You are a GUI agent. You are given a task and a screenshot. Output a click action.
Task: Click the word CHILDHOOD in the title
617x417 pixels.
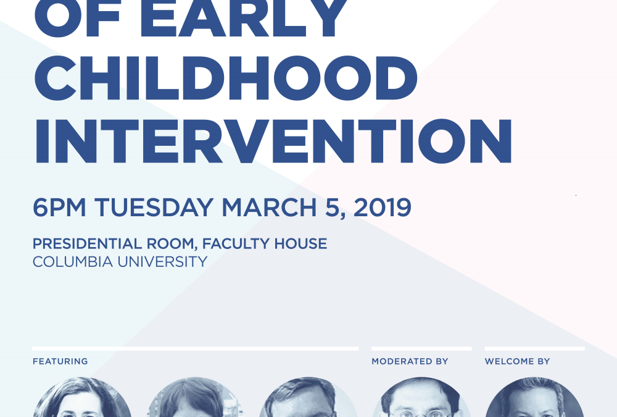pyautogui.click(x=226, y=78)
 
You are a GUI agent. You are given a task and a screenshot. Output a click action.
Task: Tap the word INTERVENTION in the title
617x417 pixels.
pyautogui.click(x=273, y=141)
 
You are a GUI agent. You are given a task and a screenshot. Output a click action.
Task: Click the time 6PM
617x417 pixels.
pyautogui.click(x=59, y=208)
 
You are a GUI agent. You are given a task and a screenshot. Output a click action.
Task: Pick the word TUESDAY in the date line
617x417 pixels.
pyautogui.click(x=154, y=208)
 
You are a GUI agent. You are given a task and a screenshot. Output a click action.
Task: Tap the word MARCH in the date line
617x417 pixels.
pyautogui.click(x=269, y=208)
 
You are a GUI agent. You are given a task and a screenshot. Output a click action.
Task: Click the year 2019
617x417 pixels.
pyautogui.click(x=383, y=208)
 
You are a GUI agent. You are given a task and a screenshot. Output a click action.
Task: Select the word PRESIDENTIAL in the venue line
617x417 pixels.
pyautogui.click(x=87, y=243)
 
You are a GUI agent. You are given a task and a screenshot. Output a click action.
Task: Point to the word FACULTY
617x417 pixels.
pyautogui.click(x=235, y=243)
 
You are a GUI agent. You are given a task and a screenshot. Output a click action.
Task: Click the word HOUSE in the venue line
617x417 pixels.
pyautogui.click(x=300, y=243)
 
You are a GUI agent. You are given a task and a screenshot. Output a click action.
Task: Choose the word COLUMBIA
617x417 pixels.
pyautogui.click(x=73, y=262)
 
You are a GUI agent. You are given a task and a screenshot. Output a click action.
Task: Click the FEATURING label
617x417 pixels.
pyautogui.click(x=60, y=361)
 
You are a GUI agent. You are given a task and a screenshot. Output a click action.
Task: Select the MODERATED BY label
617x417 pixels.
pyautogui.click(x=410, y=361)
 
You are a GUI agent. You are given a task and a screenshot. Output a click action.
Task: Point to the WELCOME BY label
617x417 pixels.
pyautogui.click(x=517, y=361)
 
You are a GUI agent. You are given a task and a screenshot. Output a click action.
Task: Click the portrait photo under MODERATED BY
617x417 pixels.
pyautogui.click(x=421, y=397)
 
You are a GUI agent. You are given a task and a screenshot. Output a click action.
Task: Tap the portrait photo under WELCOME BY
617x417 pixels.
pyautogui.click(x=534, y=397)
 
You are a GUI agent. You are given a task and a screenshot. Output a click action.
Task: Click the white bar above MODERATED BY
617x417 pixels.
pyautogui.click(x=421, y=348)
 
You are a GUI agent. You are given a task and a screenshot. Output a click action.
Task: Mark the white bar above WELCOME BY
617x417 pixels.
pyautogui.click(x=534, y=348)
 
